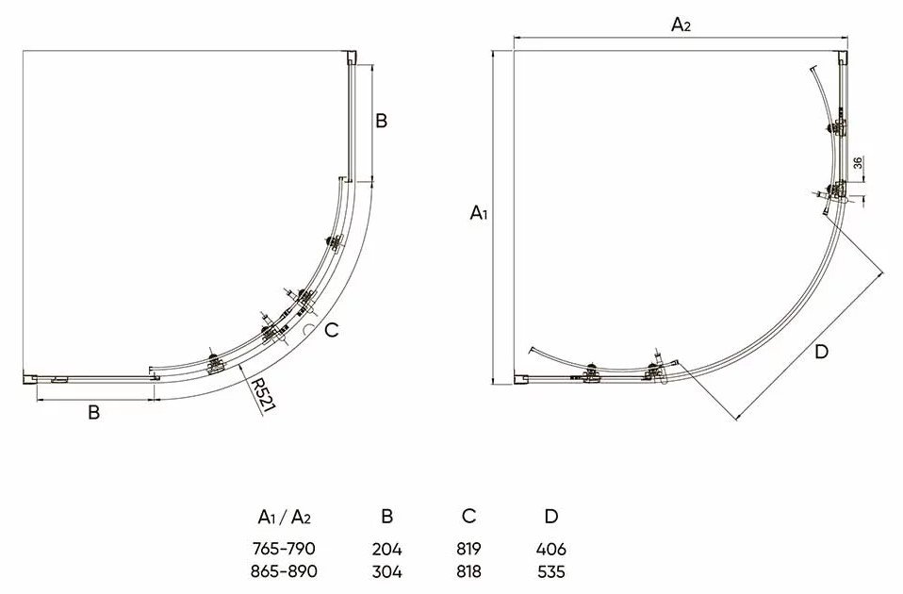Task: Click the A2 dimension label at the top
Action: click(681, 25)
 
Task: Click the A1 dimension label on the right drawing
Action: click(479, 213)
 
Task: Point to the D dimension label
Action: click(821, 353)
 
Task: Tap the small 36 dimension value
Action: click(858, 162)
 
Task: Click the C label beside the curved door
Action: click(331, 330)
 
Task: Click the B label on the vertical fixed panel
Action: click(381, 121)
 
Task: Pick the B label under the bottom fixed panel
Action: click(93, 413)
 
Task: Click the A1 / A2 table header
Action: click(284, 516)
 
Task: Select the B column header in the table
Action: click(386, 516)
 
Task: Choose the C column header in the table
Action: click(469, 516)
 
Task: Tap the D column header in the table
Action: click(551, 516)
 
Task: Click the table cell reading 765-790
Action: click(284, 548)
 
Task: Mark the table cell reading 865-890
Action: click(284, 571)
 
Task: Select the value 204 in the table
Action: click(386, 549)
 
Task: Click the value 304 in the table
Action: click(386, 571)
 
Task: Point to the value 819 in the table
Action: click(469, 549)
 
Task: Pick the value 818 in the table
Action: click(469, 571)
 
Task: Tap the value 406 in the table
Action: click(551, 549)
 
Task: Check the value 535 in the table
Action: click(551, 571)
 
